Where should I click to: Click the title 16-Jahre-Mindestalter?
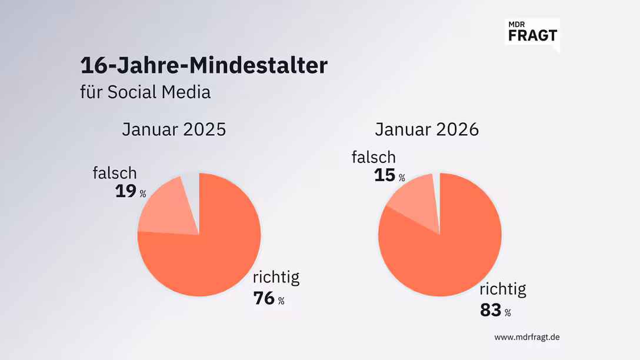[x=204, y=65]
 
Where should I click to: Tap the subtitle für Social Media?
[x=145, y=92]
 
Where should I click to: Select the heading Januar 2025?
[x=174, y=129]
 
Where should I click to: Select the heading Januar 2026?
[x=426, y=129]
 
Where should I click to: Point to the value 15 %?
[x=389, y=176]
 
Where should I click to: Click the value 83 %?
[x=495, y=310]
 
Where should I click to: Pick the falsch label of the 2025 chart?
[x=115, y=173]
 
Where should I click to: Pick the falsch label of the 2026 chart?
[x=374, y=158]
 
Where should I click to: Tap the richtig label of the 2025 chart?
[x=276, y=278]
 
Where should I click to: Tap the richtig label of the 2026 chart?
[x=503, y=289]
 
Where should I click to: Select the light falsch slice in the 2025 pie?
[x=165, y=209]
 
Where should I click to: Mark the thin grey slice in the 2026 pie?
[x=436, y=188]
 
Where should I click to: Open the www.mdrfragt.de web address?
[x=526, y=337]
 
